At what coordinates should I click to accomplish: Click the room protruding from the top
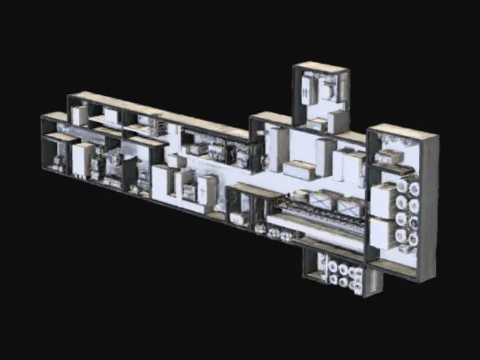pyautogui.click(x=321, y=96)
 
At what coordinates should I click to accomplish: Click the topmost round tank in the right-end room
pyautogui.click(x=403, y=186)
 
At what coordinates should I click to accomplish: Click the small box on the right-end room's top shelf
pyautogui.click(x=389, y=157)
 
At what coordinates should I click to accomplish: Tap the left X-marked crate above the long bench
pyautogui.click(x=321, y=200)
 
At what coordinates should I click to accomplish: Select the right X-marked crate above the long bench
pyautogui.click(x=350, y=206)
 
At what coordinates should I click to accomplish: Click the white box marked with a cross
pyautogui.click(x=207, y=189)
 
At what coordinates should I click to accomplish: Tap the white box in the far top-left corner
pyautogui.click(x=80, y=115)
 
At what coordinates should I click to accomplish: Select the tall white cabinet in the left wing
pyautogui.click(x=82, y=159)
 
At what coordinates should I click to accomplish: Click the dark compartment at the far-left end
pyautogui.click(x=55, y=154)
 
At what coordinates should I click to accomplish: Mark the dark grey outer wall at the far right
pyautogui.click(x=431, y=206)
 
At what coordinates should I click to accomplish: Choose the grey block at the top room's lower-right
pyautogui.click(x=338, y=121)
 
